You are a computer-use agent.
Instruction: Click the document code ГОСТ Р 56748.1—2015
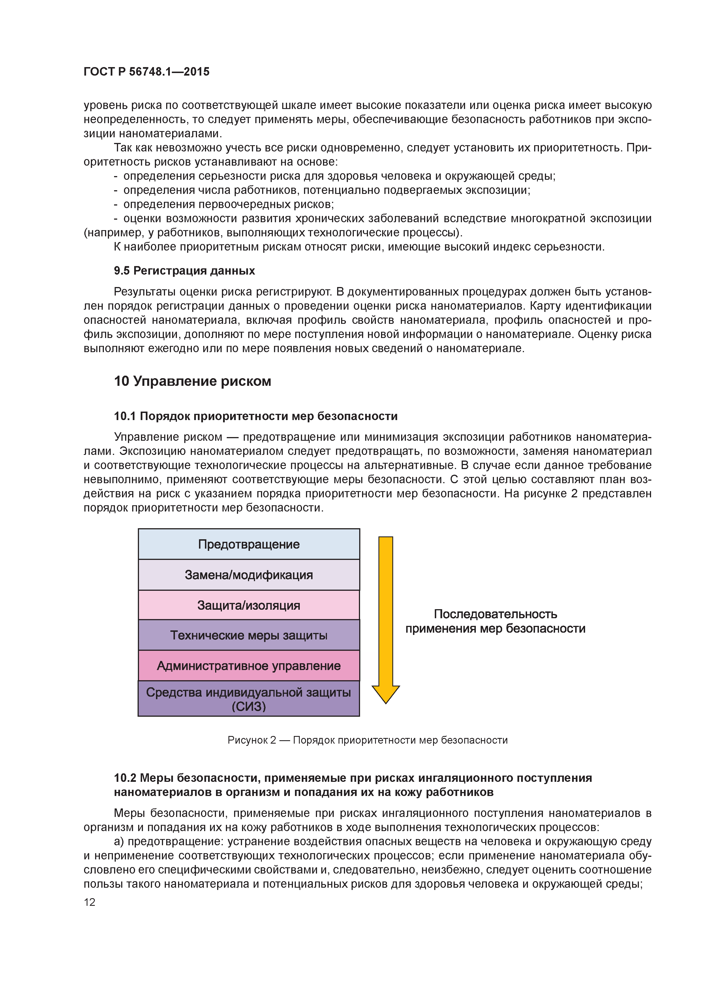146,72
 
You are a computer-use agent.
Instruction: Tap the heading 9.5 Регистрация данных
184,271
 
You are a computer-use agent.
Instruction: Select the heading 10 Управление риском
192,381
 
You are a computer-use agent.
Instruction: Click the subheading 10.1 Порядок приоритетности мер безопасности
256,416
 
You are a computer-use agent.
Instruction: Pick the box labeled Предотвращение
249,544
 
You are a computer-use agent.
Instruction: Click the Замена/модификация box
249,575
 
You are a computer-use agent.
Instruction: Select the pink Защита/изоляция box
249,605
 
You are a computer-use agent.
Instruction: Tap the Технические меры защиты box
249,635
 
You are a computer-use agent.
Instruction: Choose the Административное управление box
249,665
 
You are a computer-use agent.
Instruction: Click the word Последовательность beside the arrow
495,614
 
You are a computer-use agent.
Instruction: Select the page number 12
89,902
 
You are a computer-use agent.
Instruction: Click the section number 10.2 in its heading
125,778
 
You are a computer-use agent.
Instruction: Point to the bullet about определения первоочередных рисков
228,204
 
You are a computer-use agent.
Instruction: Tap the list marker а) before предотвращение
119,842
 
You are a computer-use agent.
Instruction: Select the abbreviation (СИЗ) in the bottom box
249,707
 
